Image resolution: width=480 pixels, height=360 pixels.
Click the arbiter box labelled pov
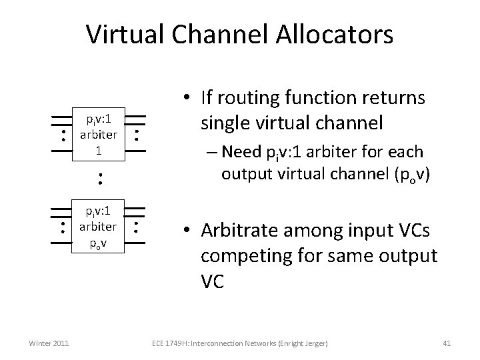[x=97, y=227]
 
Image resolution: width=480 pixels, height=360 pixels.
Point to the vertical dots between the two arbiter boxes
[x=98, y=179]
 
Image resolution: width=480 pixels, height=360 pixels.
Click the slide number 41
[x=447, y=343]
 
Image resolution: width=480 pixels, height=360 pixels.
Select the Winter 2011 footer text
[x=48, y=343]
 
